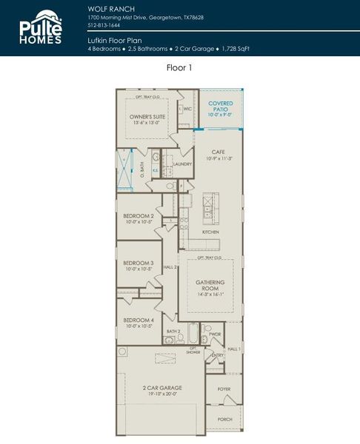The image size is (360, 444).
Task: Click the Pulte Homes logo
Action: click(41, 28)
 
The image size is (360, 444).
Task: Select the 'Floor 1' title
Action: click(180, 67)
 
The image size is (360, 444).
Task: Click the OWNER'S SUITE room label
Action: click(147, 117)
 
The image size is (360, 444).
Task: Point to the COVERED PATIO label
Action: click(221, 106)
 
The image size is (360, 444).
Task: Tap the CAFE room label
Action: click(218, 152)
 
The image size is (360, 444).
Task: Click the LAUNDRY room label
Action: click(182, 164)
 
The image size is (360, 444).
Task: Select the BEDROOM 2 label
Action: click(139, 216)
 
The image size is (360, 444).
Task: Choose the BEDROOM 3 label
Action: click(139, 263)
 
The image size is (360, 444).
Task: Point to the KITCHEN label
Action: click(210, 232)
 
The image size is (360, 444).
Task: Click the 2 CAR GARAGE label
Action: click(162, 388)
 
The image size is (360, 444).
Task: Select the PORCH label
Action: click(224, 419)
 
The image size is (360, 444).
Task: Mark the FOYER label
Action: click(224, 388)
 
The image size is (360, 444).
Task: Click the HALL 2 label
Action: click(170, 266)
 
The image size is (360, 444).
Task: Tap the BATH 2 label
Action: click(173, 332)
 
